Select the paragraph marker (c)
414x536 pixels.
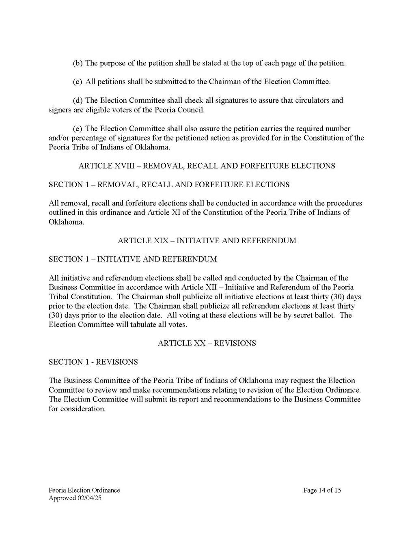point(77,82)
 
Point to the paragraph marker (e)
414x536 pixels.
point(77,129)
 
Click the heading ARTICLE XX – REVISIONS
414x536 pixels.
point(207,343)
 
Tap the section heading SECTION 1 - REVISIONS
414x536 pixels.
point(93,362)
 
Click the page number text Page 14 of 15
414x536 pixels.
point(322,490)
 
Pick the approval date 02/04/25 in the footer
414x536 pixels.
point(88,498)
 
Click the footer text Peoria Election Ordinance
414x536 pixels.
point(84,490)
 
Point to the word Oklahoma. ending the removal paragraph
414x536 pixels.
point(66,222)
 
